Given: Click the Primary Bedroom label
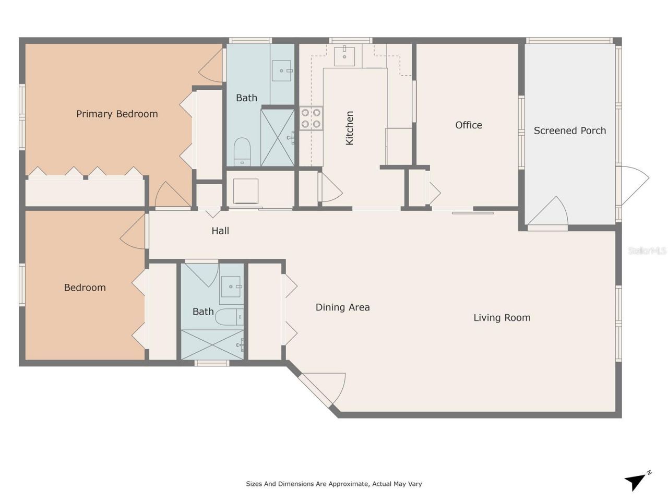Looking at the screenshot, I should coord(117,114).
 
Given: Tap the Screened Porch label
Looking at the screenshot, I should coord(569,130).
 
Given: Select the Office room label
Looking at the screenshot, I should coord(468,125).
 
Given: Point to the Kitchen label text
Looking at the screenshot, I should coord(349,128).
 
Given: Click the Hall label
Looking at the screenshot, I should coord(220,230).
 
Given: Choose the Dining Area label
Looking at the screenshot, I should coord(342,307).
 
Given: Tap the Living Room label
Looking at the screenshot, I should coord(502,317).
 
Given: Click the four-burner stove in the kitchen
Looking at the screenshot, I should coord(311,118).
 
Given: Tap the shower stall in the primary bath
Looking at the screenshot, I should coord(277,137).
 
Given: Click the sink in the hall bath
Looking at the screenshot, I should coord(231,287).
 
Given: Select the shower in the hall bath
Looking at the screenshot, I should coord(212,344).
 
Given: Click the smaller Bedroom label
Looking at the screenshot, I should coord(85,288).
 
